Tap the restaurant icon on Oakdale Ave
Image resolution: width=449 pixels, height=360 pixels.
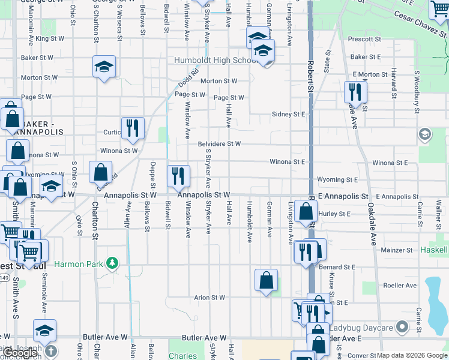(x=355, y=92)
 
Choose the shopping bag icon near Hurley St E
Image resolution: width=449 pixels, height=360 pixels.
(x=306, y=212)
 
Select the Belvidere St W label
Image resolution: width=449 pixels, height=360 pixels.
(x=219, y=144)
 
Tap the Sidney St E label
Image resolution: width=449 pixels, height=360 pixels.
(x=289, y=114)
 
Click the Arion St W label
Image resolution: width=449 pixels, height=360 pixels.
(x=209, y=298)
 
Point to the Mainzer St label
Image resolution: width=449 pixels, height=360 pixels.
(x=397, y=250)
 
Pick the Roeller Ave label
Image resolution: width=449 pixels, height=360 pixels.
(x=396, y=287)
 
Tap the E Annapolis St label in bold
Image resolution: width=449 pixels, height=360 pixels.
(x=343, y=197)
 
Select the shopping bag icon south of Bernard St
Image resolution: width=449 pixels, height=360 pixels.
(x=266, y=281)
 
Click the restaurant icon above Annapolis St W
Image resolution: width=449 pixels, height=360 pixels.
(x=178, y=176)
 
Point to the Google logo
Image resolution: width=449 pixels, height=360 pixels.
(x=19, y=353)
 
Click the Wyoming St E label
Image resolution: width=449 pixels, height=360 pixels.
(x=338, y=179)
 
